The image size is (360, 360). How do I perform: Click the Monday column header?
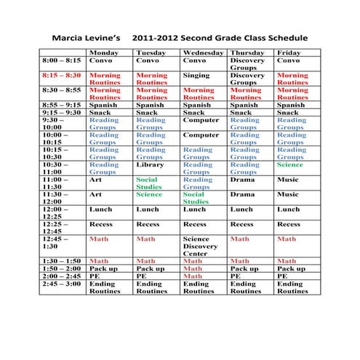[x=103, y=53]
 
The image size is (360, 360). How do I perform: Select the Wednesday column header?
[x=203, y=53]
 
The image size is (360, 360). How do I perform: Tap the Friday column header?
[x=289, y=53]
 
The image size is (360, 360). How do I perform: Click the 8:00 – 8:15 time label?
[x=62, y=60]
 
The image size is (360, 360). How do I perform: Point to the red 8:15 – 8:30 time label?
[x=62, y=75]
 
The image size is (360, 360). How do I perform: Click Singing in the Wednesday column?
[x=196, y=75]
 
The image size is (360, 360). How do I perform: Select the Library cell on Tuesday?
[x=150, y=165]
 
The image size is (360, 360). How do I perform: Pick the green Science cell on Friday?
[x=290, y=165]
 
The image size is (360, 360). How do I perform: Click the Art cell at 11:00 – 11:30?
[x=95, y=180]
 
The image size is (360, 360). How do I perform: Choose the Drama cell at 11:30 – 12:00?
[x=242, y=195]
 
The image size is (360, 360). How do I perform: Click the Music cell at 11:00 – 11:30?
[x=288, y=180]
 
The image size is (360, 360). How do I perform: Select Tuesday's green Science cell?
[x=149, y=195]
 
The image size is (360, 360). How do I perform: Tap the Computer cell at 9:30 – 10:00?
[x=201, y=120]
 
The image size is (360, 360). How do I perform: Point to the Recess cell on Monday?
[x=100, y=224]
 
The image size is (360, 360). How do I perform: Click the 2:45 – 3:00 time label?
[x=62, y=284]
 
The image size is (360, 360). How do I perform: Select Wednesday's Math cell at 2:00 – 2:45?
[x=193, y=276]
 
